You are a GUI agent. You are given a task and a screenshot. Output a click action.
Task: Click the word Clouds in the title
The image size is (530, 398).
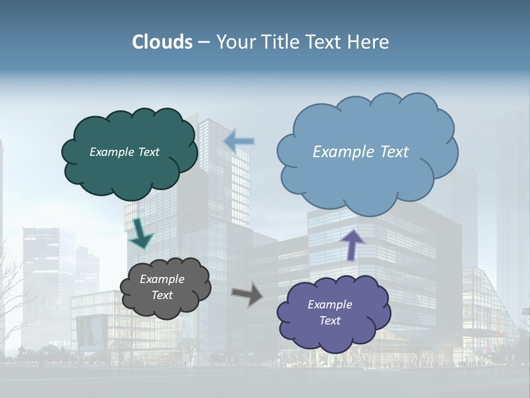tap(162, 42)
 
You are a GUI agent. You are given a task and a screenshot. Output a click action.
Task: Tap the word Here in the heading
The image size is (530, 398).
tap(368, 42)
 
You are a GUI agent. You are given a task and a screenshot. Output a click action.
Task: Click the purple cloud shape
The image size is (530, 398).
tap(331, 337)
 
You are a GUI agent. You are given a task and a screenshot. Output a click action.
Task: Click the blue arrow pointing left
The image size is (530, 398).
tap(239, 141)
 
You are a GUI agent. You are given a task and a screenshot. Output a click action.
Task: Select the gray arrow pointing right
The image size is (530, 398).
tap(247, 294)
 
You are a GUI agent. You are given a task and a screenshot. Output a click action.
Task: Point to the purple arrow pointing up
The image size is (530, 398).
tap(352, 244)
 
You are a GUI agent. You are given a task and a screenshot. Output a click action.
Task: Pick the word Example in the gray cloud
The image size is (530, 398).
tap(162, 279)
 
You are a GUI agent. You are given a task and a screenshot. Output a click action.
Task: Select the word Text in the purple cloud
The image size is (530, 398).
tap(330, 321)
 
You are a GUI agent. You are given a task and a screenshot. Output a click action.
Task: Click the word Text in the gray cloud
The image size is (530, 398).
tap(162, 295)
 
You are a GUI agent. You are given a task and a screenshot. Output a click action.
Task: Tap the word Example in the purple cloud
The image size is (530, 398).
tap(330, 305)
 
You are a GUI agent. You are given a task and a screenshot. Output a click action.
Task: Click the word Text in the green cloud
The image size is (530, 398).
tap(148, 152)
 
